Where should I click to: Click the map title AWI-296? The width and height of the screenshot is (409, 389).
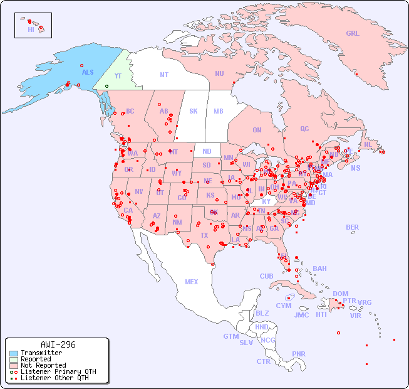(58, 344)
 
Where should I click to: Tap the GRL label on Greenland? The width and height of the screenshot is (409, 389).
(353, 33)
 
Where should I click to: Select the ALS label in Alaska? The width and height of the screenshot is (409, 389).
(88, 72)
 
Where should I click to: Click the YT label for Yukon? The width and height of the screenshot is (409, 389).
(117, 75)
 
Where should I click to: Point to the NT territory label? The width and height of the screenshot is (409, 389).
(163, 75)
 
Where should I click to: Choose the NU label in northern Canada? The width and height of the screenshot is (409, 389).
(219, 73)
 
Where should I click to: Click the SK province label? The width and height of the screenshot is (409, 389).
(194, 111)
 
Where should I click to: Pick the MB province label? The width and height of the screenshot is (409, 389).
(219, 111)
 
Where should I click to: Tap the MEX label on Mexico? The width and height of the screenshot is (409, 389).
(192, 282)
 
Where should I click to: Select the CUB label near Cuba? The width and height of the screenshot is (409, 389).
(266, 276)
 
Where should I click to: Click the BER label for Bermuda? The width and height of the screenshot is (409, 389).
(353, 227)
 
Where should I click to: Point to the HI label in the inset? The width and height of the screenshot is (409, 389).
(31, 29)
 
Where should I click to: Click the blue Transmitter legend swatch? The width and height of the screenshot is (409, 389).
(14, 353)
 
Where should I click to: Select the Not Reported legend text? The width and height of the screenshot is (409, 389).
(43, 365)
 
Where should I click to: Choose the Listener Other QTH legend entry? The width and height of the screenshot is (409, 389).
(54, 378)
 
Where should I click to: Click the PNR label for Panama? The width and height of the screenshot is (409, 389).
(299, 354)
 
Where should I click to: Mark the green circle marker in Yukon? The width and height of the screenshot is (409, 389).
(106, 86)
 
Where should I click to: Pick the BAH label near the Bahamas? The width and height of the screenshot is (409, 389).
(319, 269)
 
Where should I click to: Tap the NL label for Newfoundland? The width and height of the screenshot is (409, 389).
(368, 144)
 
